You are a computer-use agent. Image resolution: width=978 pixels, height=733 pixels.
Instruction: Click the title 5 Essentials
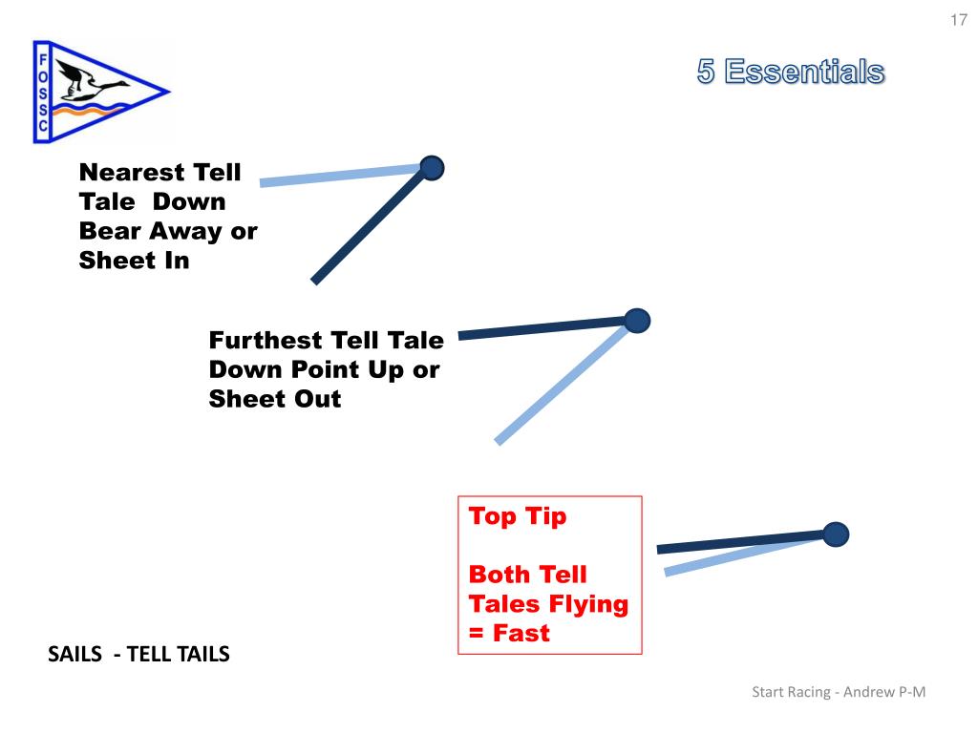click(790, 72)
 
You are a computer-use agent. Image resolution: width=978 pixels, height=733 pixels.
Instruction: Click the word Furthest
click(266, 341)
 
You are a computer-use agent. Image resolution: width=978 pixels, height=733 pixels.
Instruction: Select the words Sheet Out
click(274, 399)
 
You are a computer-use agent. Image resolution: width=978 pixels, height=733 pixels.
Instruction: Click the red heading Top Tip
click(518, 517)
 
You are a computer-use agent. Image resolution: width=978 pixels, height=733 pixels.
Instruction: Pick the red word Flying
click(587, 604)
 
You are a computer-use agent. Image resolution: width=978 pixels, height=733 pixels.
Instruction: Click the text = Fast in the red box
click(509, 633)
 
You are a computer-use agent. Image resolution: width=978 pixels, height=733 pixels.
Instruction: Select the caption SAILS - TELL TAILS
click(138, 655)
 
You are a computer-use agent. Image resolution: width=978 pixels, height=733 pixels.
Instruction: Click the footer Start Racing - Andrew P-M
click(839, 692)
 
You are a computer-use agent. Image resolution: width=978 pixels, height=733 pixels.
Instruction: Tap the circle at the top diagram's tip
click(432, 169)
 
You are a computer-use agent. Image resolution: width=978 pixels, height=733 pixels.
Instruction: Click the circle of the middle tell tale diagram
click(637, 321)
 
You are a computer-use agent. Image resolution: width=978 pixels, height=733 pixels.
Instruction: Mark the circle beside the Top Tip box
click(836, 534)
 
